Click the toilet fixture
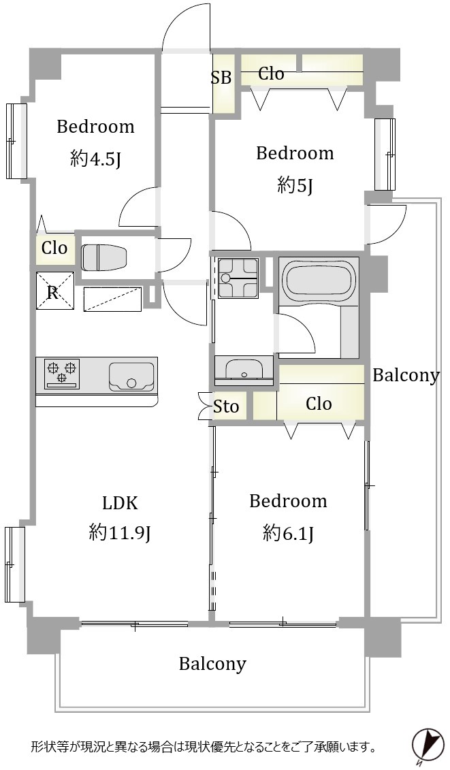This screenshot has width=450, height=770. pos(104,257)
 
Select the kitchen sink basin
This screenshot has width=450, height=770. pos(131,376)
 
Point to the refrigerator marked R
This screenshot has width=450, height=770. pos(54,291)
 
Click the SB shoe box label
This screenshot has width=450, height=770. pos(221,78)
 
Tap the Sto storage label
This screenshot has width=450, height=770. pos(226,406)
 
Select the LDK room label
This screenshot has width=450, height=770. pos(119,503)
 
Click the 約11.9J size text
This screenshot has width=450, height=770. pos(119,532)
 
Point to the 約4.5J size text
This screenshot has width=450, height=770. pos(95,159)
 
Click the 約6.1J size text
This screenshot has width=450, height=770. pos(289,532)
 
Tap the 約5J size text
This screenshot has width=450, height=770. pos(295,185)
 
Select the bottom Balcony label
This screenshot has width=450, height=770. pos(212,664)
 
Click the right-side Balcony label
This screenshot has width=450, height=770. pos(406,375)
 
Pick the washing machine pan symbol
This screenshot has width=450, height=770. pos(238,278)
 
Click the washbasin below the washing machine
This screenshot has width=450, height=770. pos(244,368)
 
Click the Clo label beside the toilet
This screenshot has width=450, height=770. pos(54,248)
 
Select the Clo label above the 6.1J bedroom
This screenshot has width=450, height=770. pos(319,404)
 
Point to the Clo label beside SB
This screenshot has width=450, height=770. pos(271,74)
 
